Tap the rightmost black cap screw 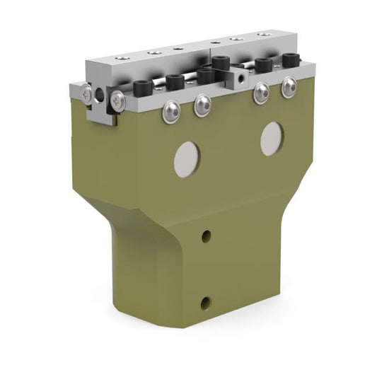(290, 61)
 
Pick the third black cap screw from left (205, 74)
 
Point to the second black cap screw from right (264, 65)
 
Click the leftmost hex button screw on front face (170, 111)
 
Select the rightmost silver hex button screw (289, 88)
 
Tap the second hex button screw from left (202, 105)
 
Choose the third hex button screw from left (261, 93)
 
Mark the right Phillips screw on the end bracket (118, 102)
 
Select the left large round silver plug (187, 159)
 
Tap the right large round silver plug (272, 139)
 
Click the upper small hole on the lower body (206, 236)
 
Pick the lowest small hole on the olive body (205, 303)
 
